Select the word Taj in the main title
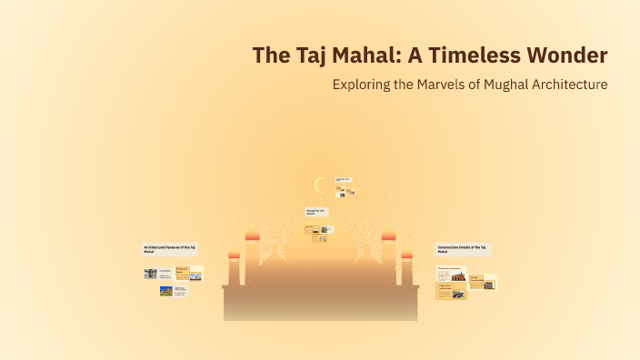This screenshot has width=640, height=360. coord(303,55)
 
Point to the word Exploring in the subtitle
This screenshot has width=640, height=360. coord(361,85)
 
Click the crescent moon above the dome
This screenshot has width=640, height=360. coord(319,185)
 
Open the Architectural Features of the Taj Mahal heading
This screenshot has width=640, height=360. coord(170,249)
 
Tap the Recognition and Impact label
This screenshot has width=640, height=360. coord(315,211)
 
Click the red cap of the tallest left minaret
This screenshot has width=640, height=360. coord(252,236)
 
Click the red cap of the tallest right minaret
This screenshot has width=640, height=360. coord(388,236)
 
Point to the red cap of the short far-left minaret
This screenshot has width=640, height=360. coord(234,256)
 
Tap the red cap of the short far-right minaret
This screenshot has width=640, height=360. coord(406,256)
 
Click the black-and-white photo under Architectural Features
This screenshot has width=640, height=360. coord(150,273)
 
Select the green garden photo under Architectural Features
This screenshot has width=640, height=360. coord(165,291)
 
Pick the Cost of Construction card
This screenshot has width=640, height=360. coord(475,281)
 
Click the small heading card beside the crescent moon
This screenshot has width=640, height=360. coord(343,180)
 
